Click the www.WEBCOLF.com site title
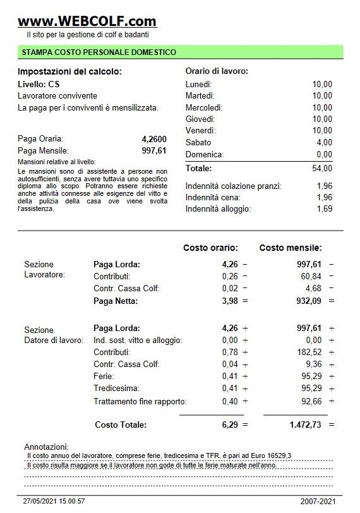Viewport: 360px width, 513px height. click(x=87, y=21)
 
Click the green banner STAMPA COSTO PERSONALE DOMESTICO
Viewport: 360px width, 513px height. click(x=99, y=52)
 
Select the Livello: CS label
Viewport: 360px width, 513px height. click(x=39, y=84)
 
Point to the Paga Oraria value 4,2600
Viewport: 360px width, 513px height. click(x=154, y=139)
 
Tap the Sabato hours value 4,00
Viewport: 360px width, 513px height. click(x=324, y=143)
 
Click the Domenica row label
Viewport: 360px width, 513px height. click(x=205, y=155)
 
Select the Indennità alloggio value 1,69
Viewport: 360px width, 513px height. click(x=324, y=209)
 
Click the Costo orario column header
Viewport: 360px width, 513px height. click(x=210, y=248)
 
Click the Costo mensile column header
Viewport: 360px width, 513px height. click(x=291, y=248)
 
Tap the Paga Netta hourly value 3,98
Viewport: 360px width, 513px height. click(x=230, y=301)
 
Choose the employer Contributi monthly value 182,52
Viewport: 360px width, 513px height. click(x=309, y=352)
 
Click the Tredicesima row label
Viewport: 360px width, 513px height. click(x=116, y=388)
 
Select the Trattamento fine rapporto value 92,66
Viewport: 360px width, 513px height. click(x=311, y=401)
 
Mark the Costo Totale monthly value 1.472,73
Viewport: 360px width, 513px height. click(x=305, y=425)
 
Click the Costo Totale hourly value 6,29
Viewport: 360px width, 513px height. click(x=230, y=425)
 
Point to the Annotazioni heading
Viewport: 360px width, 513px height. click(x=46, y=447)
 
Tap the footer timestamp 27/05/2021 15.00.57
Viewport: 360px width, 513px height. click(x=54, y=501)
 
